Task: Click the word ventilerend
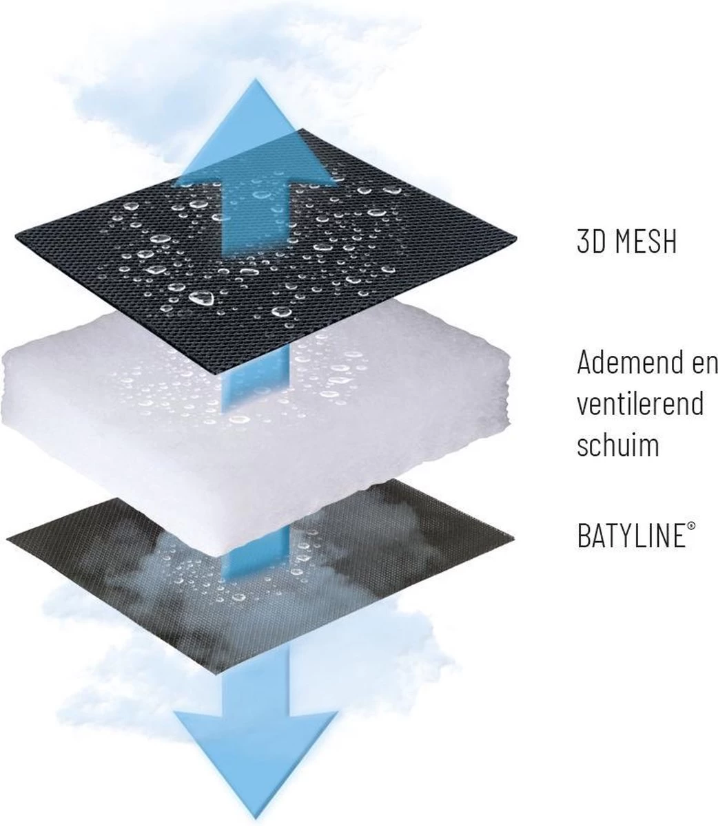[x=639, y=403]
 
